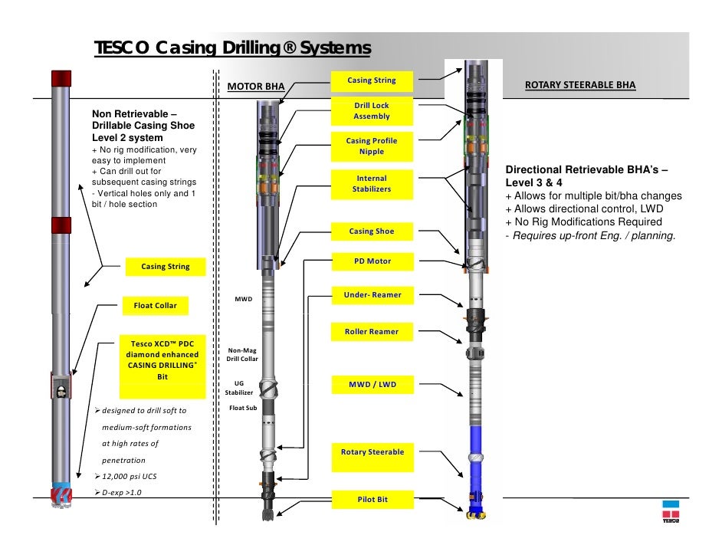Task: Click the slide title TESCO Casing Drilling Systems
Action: pos(231,48)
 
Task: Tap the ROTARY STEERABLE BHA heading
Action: pos(579,84)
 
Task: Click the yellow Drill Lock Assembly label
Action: pos(371,111)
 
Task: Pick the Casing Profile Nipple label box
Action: pos(371,146)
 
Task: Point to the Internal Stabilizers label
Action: pos(371,184)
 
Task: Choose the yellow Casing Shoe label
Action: pos(371,231)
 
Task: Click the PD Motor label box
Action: pos(371,261)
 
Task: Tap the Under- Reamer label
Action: pos(371,295)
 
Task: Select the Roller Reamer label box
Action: pos(371,332)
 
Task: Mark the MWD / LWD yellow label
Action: pos(371,384)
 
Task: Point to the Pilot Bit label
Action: pos(371,500)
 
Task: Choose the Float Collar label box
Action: pos(155,306)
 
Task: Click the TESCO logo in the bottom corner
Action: pos(671,510)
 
